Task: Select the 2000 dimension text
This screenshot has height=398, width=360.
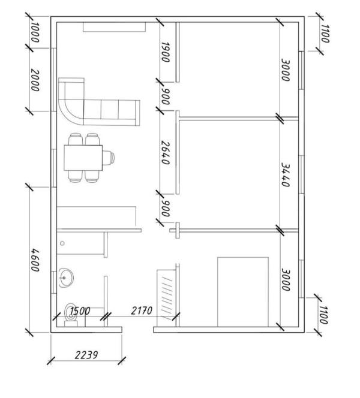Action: pos(35,80)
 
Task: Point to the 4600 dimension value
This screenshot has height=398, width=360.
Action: pos(35,259)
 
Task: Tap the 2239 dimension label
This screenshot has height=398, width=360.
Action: pos(87,354)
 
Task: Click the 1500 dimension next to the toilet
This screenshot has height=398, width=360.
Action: pos(79,311)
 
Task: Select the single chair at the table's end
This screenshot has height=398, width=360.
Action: pos(108,158)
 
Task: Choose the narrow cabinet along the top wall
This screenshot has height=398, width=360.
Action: pos(115,27)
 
